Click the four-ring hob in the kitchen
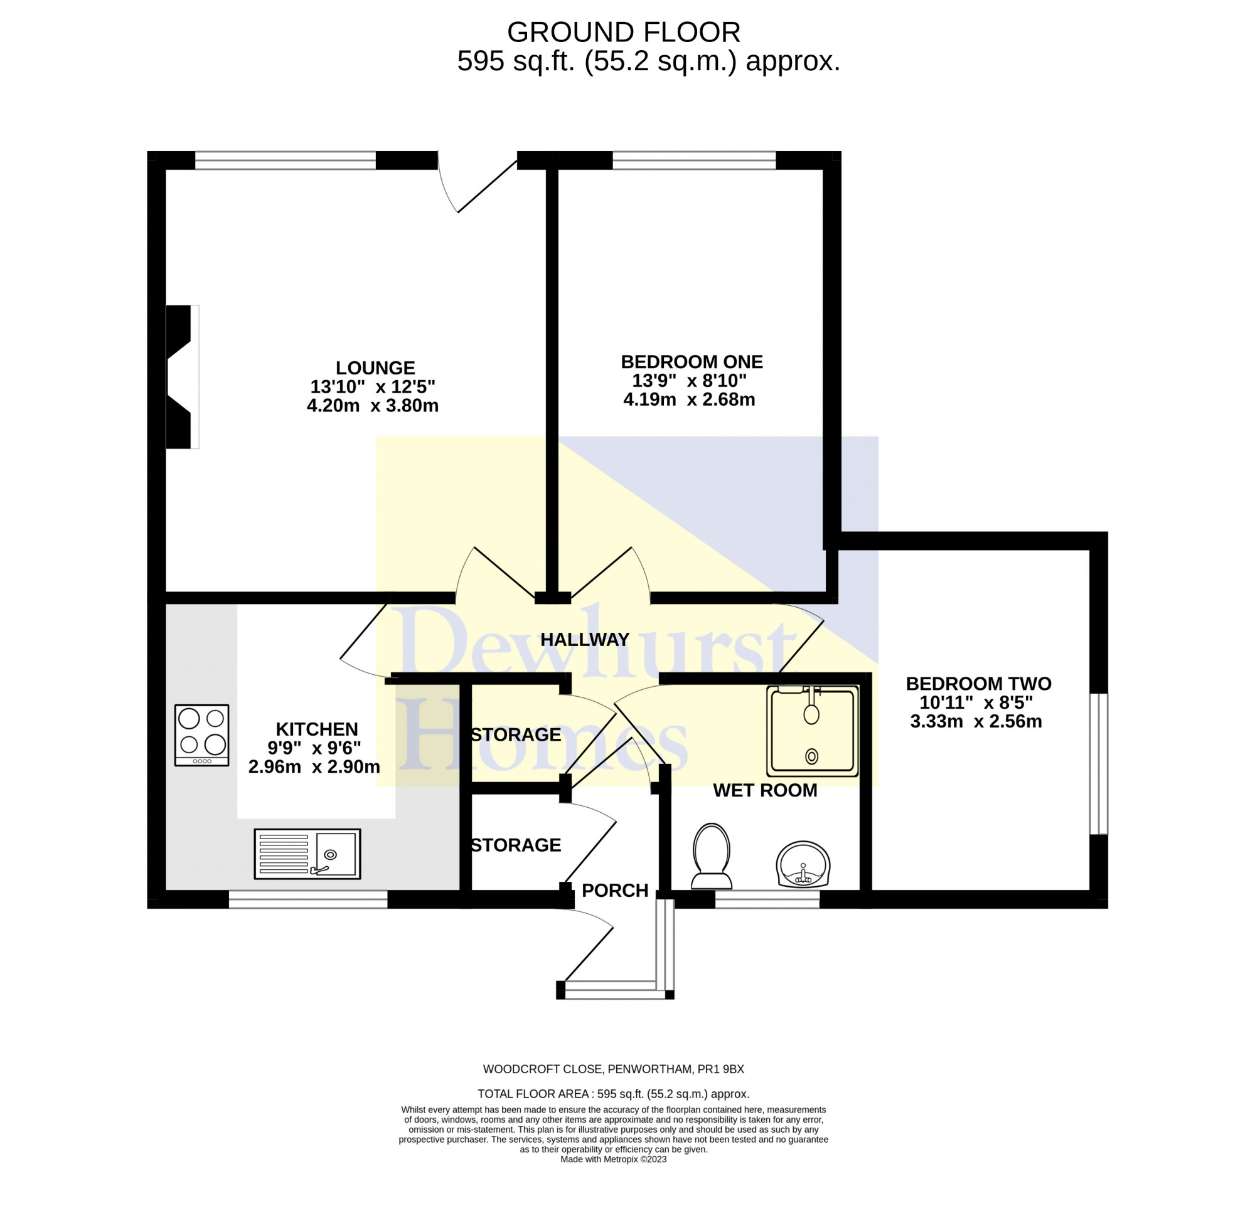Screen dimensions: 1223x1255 click(x=202, y=735)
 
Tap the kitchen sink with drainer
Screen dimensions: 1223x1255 click(x=307, y=854)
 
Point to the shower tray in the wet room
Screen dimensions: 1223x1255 click(x=812, y=731)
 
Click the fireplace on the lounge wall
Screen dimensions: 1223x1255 click(x=181, y=376)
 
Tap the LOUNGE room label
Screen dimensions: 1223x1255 click(x=375, y=368)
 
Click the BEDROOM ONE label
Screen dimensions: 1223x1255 click(x=692, y=362)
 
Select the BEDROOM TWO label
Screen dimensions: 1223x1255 click(x=978, y=684)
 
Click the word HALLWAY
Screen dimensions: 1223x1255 click(x=585, y=640)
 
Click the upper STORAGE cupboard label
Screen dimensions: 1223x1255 click(x=515, y=735)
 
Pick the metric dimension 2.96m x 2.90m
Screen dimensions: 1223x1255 click(x=314, y=767)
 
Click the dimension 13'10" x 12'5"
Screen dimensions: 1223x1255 click(x=373, y=387)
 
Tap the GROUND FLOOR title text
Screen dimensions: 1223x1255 click(x=623, y=32)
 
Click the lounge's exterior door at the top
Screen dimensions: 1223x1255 click(x=479, y=183)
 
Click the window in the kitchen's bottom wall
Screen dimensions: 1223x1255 click(x=308, y=899)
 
